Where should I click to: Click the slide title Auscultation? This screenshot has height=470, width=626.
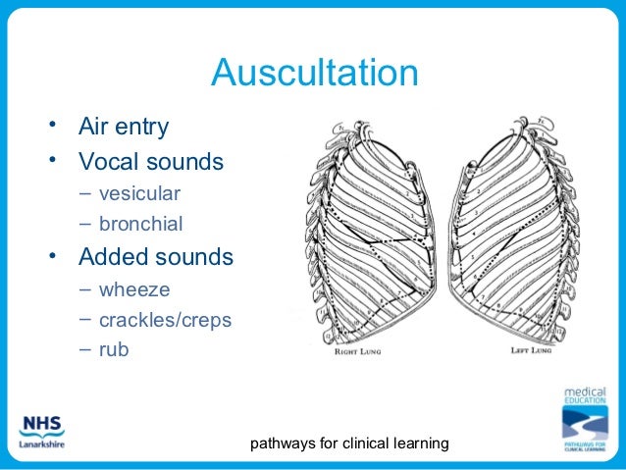pyautogui.click(x=314, y=74)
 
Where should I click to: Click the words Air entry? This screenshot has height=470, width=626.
pyautogui.click(x=123, y=127)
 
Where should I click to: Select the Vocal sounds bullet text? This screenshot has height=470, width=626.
pyautogui.click(x=151, y=160)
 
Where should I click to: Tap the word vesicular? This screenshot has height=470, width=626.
pyautogui.click(x=138, y=192)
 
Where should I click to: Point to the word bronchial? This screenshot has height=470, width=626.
pyautogui.click(x=140, y=225)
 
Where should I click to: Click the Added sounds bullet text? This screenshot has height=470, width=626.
pyautogui.click(x=156, y=257)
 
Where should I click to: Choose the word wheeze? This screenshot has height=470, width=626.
pyautogui.click(x=134, y=290)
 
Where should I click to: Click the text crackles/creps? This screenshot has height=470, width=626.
pyautogui.click(x=165, y=322)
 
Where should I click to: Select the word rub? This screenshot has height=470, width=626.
pyautogui.click(x=114, y=350)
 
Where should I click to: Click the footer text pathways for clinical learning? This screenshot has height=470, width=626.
pyautogui.click(x=350, y=444)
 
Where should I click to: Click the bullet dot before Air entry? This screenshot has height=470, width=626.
pyautogui.click(x=61, y=125)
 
